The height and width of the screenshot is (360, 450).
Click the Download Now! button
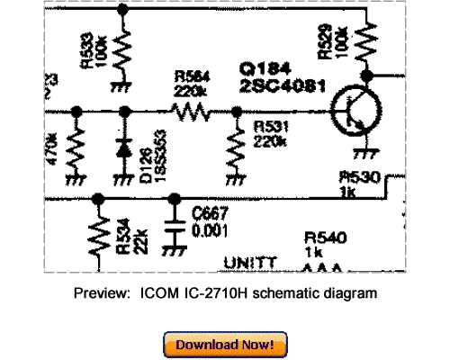(x=225, y=344)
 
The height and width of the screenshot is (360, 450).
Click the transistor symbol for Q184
(x=347, y=113)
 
